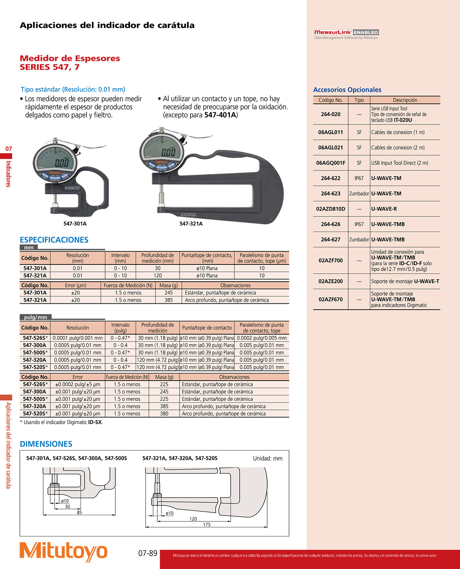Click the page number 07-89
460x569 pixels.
[148, 553]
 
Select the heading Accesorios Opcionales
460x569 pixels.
[347, 90]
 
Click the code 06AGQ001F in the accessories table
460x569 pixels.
[331, 163]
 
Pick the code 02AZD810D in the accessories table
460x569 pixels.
[331, 209]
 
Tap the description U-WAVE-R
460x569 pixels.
[384, 209]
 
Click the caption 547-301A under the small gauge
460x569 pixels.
[75, 224]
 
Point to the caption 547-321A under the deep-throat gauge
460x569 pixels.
[191, 224]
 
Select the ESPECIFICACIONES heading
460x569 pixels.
[54, 240]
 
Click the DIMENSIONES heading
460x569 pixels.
[46, 444]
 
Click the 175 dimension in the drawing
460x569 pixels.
[206, 525]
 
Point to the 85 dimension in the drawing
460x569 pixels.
[79, 512]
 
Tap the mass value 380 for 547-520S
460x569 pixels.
[164, 414]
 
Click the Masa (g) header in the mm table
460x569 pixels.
[169, 285]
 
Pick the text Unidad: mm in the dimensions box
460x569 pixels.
[268, 459]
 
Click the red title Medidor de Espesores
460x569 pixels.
[70, 58]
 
